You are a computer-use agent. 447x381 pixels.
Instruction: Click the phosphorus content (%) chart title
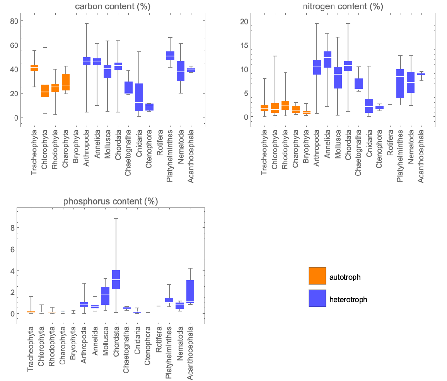point(111,201)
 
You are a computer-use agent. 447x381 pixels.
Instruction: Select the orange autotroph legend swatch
point(317,276)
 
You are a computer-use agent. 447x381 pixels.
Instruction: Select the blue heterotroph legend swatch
point(317,298)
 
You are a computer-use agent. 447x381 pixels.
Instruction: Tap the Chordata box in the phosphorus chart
point(116,279)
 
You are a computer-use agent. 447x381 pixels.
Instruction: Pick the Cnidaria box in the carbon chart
point(139,97)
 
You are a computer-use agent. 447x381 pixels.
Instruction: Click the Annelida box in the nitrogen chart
point(327,60)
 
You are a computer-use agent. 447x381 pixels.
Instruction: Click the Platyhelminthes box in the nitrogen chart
point(400,84)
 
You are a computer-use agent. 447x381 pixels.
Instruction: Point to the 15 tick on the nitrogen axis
point(244,45)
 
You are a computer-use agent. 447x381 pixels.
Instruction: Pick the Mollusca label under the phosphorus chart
point(105,342)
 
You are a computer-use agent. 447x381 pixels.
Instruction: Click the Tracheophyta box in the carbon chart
point(34,68)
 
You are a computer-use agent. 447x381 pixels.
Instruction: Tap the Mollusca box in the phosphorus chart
point(105,296)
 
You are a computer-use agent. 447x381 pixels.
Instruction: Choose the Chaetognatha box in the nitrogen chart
point(358,84)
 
